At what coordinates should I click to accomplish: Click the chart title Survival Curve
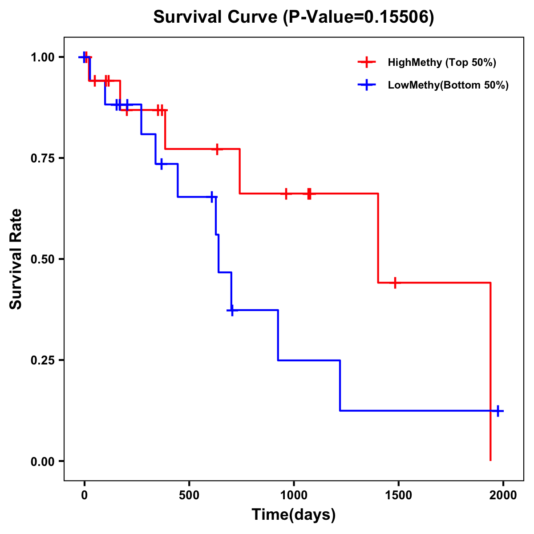click(216, 17)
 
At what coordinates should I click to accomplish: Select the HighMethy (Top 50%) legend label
click(441, 62)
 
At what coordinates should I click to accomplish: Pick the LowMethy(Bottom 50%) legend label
click(448, 85)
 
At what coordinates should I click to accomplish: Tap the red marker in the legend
click(366, 62)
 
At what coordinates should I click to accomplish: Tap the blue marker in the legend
click(366, 85)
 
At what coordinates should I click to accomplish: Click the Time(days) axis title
click(294, 514)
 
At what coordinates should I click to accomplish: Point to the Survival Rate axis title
click(16, 259)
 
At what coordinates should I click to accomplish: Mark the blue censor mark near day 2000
click(498, 411)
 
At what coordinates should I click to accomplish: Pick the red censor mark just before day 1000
click(286, 194)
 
